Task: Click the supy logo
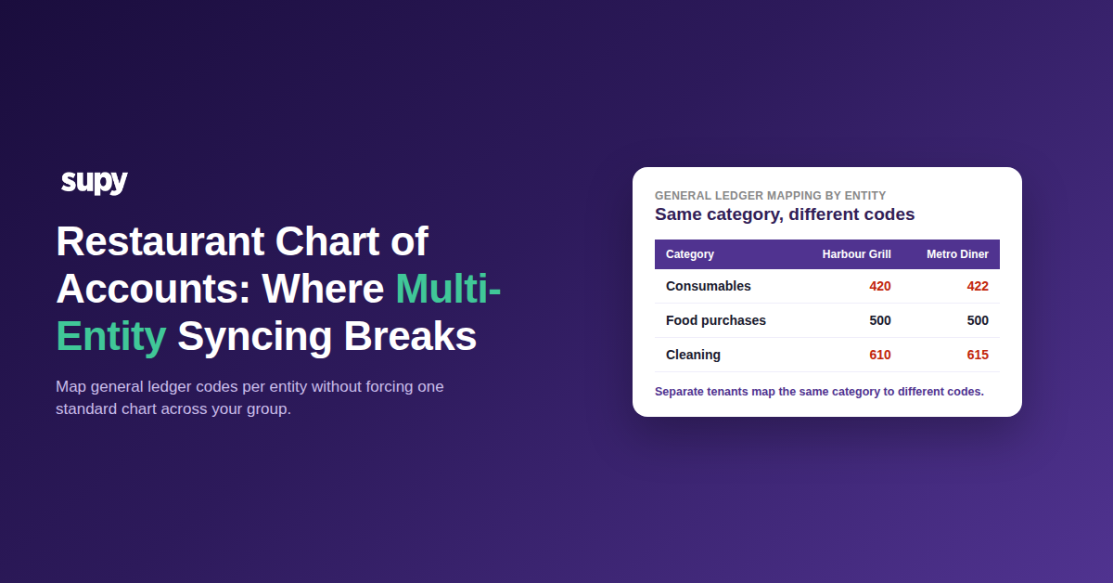94,182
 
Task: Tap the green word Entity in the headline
111,336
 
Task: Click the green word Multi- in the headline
448,289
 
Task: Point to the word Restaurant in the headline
160,241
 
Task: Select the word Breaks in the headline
410,336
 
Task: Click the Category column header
690,254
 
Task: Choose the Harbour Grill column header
857,254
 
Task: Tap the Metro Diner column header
957,254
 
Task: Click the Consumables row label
708,286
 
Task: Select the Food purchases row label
715,320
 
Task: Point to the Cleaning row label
693,355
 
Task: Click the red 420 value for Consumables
880,286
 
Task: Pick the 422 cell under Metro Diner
978,286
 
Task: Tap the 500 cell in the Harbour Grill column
880,320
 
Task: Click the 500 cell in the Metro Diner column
978,320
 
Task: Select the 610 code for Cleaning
880,355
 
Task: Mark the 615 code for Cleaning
978,355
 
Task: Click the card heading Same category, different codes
785,214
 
